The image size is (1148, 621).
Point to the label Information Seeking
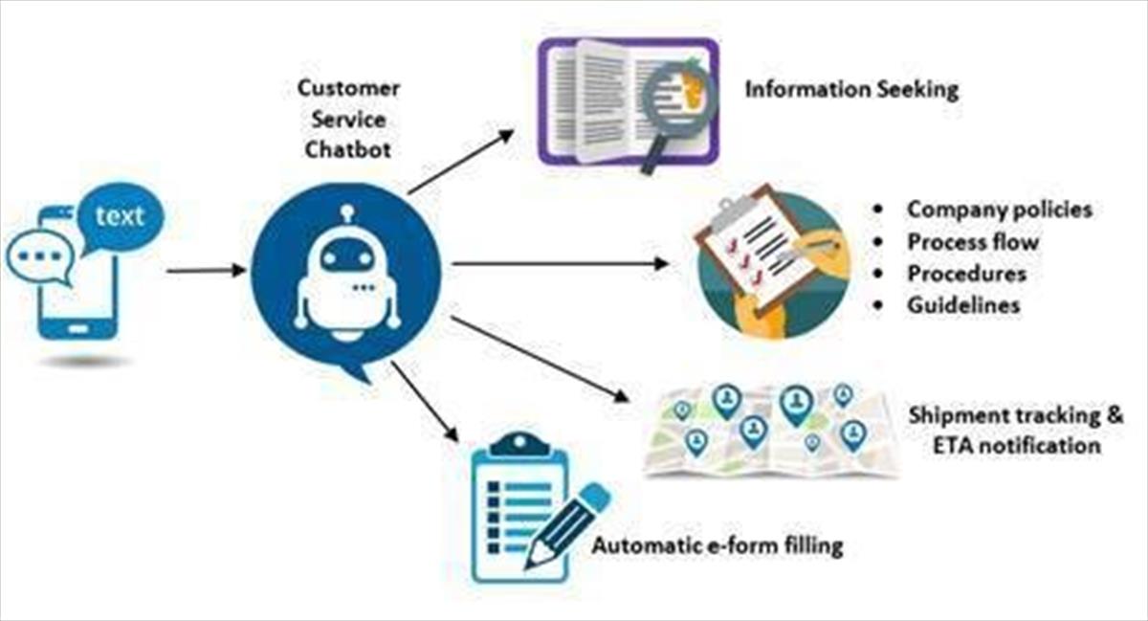tap(851, 90)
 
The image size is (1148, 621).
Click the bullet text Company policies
tap(999, 210)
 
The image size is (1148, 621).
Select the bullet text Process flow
tap(972, 242)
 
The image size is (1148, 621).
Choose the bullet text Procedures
tap(966, 274)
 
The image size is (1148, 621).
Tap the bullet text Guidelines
tap(963, 305)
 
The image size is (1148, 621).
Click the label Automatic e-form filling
tap(717, 546)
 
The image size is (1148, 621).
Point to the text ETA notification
tap(1016, 445)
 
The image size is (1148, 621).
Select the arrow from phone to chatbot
tap(206, 271)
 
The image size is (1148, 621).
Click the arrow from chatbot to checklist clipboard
tap(561, 263)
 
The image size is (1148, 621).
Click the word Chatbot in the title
tap(348, 150)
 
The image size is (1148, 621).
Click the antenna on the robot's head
tap(346, 212)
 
